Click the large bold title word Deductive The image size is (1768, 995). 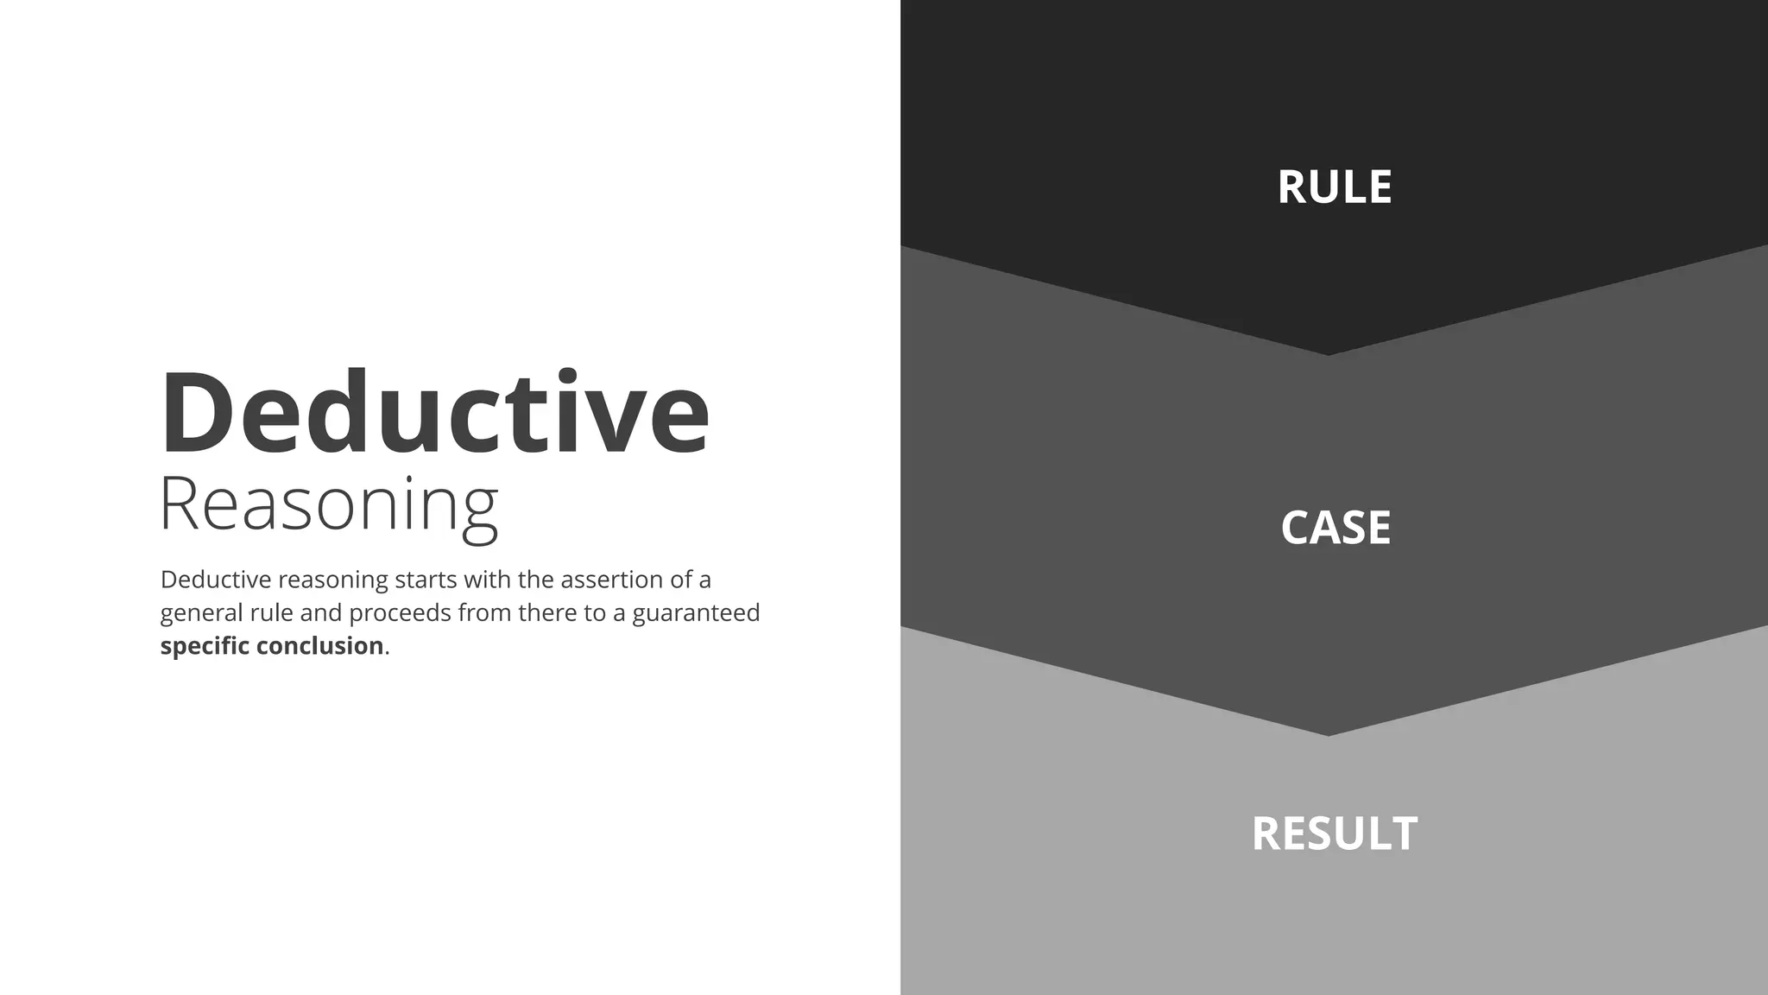pos(434,412)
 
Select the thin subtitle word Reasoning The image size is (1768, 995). pos(329,505)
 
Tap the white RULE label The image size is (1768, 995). pos(1334,187)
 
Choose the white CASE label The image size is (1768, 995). pos(1335,528)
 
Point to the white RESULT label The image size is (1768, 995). pos(1334,833)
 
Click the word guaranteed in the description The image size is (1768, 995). pos(696,613)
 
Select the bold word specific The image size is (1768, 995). pos(205,646)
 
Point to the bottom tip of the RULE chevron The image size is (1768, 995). pos(1328,352)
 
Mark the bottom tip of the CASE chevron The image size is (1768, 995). pos(1328,733)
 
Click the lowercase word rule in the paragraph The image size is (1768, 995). pos(271,613)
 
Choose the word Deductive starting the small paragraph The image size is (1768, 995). pos(216,580)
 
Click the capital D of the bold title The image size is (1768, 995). pos(194,412)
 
